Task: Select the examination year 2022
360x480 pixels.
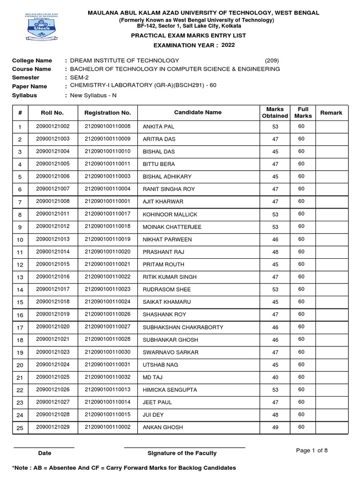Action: [228, 45]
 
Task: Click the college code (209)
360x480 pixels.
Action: [272, 60]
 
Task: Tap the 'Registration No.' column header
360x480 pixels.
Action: [107, 113]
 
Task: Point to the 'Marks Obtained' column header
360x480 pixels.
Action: [275, 112]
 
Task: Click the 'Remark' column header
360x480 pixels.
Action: [331, 113]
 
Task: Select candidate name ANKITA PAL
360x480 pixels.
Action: [158, 127]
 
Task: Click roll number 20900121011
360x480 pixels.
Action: [52, 214]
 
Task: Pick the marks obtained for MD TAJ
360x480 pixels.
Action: [275, 377]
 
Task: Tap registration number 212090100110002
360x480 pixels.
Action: [107, 427]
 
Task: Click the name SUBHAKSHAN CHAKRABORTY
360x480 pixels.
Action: [176, 327]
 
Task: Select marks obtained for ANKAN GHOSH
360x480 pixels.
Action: [275, 427]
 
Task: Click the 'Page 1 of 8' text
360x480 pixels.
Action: [312, 450]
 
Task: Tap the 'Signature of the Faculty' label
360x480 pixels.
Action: [182, 453]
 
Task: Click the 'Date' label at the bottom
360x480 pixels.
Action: [45, 453]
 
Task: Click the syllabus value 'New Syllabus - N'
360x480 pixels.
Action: [93, 95]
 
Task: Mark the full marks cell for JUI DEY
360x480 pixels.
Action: [301, 414]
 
